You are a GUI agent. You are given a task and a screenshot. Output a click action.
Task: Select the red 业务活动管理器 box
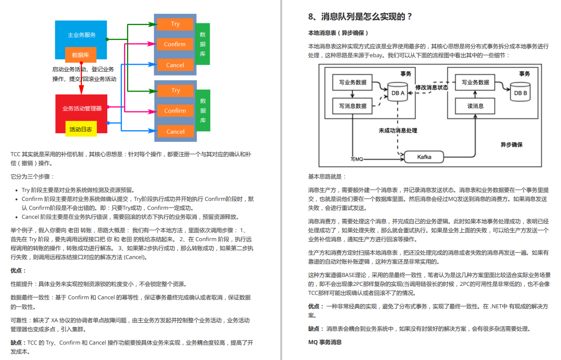click(81, 108)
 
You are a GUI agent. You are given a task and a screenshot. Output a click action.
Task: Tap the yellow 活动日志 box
click(81, 129)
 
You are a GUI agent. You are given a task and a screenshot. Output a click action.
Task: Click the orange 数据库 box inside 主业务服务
click(80, 55)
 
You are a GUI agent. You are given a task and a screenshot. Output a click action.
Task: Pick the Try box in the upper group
click(175, 24)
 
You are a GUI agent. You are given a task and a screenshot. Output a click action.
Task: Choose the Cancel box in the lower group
click(175, 131)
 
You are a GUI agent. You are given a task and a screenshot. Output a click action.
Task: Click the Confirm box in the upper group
click(175, 44)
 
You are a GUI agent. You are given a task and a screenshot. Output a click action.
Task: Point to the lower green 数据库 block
click(203, 110)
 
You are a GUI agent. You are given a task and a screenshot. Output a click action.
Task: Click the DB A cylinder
click(398, 92)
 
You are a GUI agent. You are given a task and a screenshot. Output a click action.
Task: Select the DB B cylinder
click(520, 92)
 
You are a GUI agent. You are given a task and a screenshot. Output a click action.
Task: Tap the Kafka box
click(424, 157)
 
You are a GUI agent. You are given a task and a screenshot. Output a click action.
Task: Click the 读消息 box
click(476, 106)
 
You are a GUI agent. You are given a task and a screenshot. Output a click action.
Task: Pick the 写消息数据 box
click(353, 105)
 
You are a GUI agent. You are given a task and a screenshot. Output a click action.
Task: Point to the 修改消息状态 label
click(432, 87)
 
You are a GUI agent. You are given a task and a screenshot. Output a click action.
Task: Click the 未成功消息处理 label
click(398, 130)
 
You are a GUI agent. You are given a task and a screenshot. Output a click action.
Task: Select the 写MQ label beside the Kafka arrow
click(357, 159)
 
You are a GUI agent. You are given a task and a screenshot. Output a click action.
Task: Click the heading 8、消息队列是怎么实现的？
click(360, 16)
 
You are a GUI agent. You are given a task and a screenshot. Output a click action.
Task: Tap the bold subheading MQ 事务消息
click(325, 342)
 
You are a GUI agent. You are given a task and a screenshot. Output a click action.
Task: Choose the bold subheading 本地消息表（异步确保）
click(338, 33)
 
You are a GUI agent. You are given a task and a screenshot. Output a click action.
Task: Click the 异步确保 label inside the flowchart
click(511, 145)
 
